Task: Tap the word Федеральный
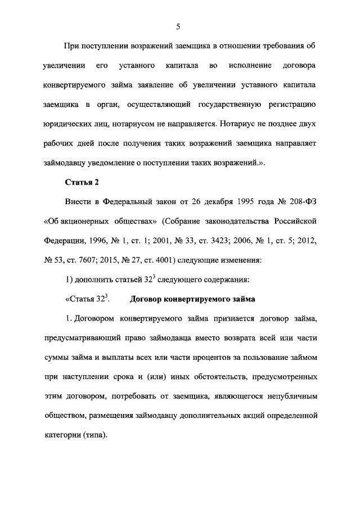[x=121, y=201]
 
